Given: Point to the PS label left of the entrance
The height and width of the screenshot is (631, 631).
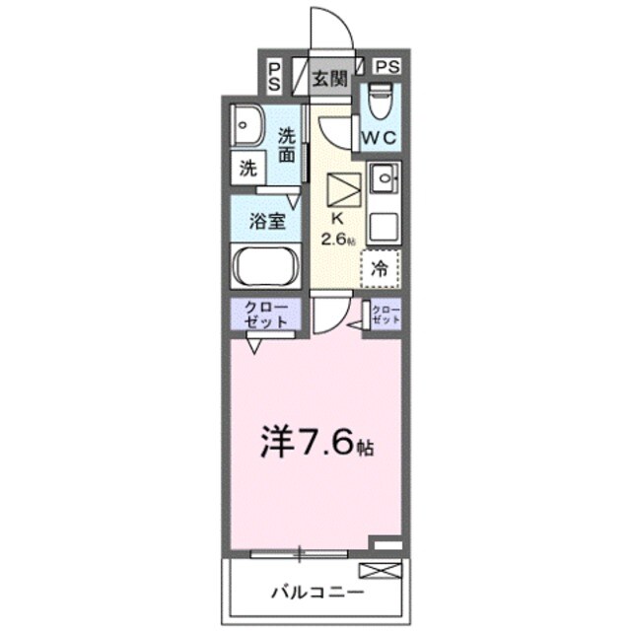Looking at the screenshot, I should click(x=274, y=75).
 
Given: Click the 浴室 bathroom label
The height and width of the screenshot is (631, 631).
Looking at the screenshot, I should click(x=268, y=220).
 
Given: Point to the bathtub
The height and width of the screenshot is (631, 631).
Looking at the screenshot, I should click(x=267, y=267).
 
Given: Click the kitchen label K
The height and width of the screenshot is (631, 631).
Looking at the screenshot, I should click(x=336, y=219).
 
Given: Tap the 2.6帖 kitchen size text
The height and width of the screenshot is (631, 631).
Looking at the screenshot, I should click(x=337, y=239).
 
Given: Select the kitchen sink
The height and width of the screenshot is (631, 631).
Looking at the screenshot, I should click(x=381, y=180).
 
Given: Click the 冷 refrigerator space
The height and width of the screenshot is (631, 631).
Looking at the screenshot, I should click(x=379, y=265).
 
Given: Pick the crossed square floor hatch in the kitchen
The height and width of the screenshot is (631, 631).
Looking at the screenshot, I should click(x=343, y=187).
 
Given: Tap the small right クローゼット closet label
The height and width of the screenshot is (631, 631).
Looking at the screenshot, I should click(x=387, y=315).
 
